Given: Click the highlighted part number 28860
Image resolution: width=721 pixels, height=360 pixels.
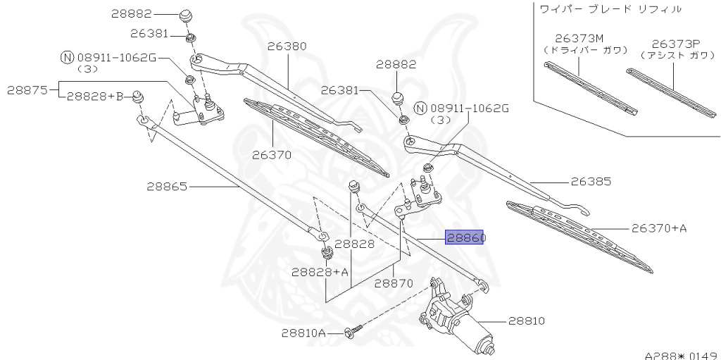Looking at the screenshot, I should pos(465,238).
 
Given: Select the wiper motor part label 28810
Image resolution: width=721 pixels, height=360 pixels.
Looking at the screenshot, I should pos(526,321).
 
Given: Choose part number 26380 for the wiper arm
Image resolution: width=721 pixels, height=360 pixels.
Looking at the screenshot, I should pos(287,46).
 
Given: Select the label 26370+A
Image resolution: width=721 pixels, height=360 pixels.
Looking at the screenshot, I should pos(658,228).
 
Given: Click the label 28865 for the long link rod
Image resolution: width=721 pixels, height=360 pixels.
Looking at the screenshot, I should pos(167,187).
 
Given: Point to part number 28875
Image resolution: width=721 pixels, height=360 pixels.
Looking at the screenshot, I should pos(27,90).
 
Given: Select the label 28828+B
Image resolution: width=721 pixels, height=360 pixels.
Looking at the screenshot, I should pos(95,96).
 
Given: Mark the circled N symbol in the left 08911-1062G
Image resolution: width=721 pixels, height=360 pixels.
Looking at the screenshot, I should pos(67,58).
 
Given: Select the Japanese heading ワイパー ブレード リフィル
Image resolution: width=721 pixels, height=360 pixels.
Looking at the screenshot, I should pos(610,9).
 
